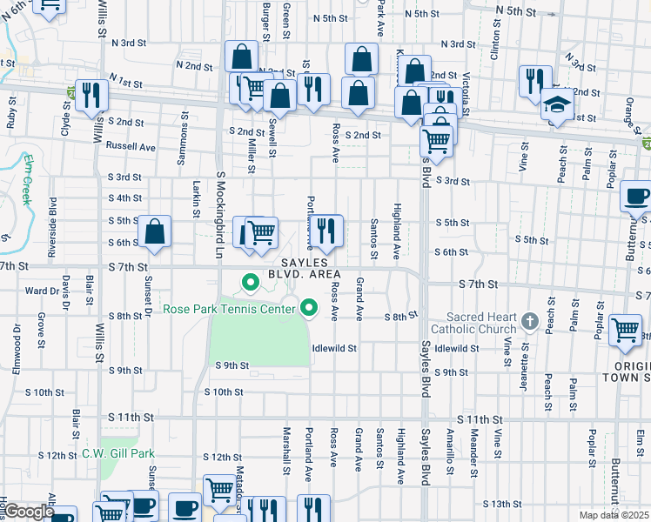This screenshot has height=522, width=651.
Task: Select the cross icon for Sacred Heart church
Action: [528, 323]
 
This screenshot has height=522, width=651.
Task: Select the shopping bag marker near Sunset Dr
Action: [154, 231]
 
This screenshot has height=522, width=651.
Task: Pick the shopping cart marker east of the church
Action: [626, 330]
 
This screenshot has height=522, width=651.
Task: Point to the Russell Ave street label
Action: [130, 147]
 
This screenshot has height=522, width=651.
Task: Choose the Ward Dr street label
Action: [42, 291]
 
